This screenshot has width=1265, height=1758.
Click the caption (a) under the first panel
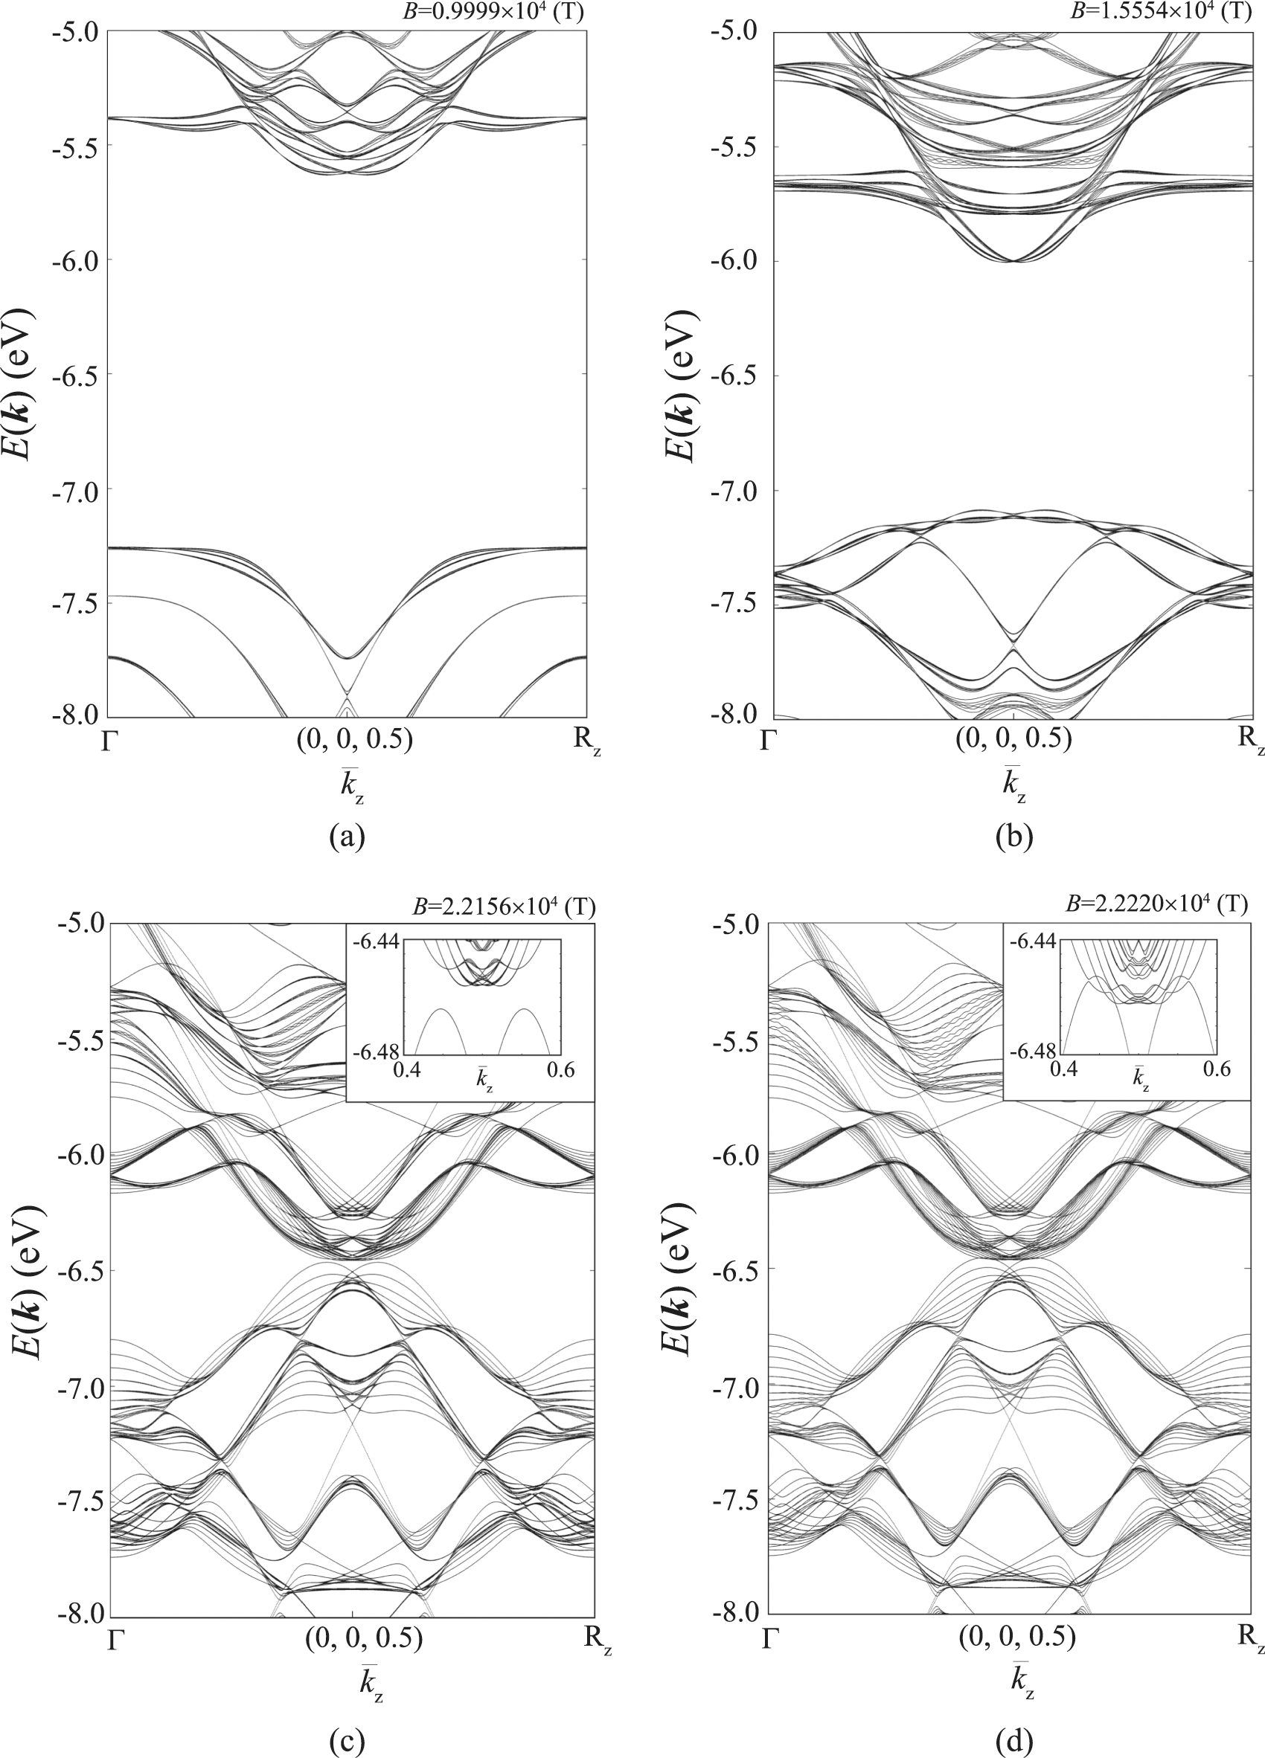[x=346, y=837]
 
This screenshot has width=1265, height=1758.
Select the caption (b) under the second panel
[x=1014, y=837]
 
